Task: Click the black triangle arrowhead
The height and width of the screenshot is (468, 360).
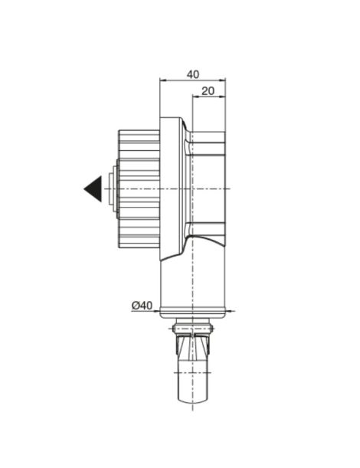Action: pos(94,188)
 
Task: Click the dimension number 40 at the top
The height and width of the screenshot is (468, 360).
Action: pos(192,74)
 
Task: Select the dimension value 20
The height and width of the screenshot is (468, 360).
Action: pos(208,90)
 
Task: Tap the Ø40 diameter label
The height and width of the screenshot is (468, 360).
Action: pos(142,305)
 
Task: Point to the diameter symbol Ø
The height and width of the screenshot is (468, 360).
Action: pos(136,305)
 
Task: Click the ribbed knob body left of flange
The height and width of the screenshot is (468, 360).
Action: pos(139,188)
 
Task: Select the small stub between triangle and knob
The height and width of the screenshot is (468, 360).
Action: pos(112,188)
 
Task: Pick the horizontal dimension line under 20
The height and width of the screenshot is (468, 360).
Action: pos(209,97)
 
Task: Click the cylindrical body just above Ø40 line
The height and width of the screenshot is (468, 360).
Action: pos(193,287)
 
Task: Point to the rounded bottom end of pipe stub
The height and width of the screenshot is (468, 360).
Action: pos(193,400)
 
